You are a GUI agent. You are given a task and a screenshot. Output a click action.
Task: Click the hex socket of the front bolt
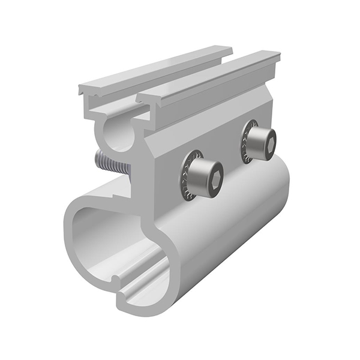pos(214,175)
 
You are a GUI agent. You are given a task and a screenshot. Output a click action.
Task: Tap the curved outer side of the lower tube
pos(228,240)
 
